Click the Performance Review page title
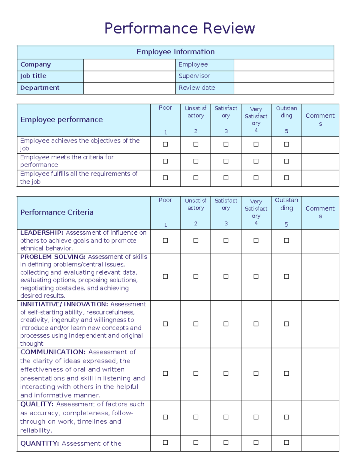(179, 29)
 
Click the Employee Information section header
(175, 52)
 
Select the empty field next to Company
(129, 65)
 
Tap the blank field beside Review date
(283, 88)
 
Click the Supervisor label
(194, 76)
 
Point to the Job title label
(33, 76)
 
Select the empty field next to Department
(129, 88)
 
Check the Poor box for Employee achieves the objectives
(165, 144)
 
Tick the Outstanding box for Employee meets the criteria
(286, 161)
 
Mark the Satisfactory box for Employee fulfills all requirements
(226, 178)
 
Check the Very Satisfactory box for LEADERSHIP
(256, 240)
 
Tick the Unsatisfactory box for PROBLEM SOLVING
(196, 276)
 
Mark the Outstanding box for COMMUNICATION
(286, 374)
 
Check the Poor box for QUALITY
(165, 417)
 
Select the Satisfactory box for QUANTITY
(226, 443)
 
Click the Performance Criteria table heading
(57, 212)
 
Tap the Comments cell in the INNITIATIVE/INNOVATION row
(320, 324)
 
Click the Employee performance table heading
(61, 120)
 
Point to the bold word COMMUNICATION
(53, 352)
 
